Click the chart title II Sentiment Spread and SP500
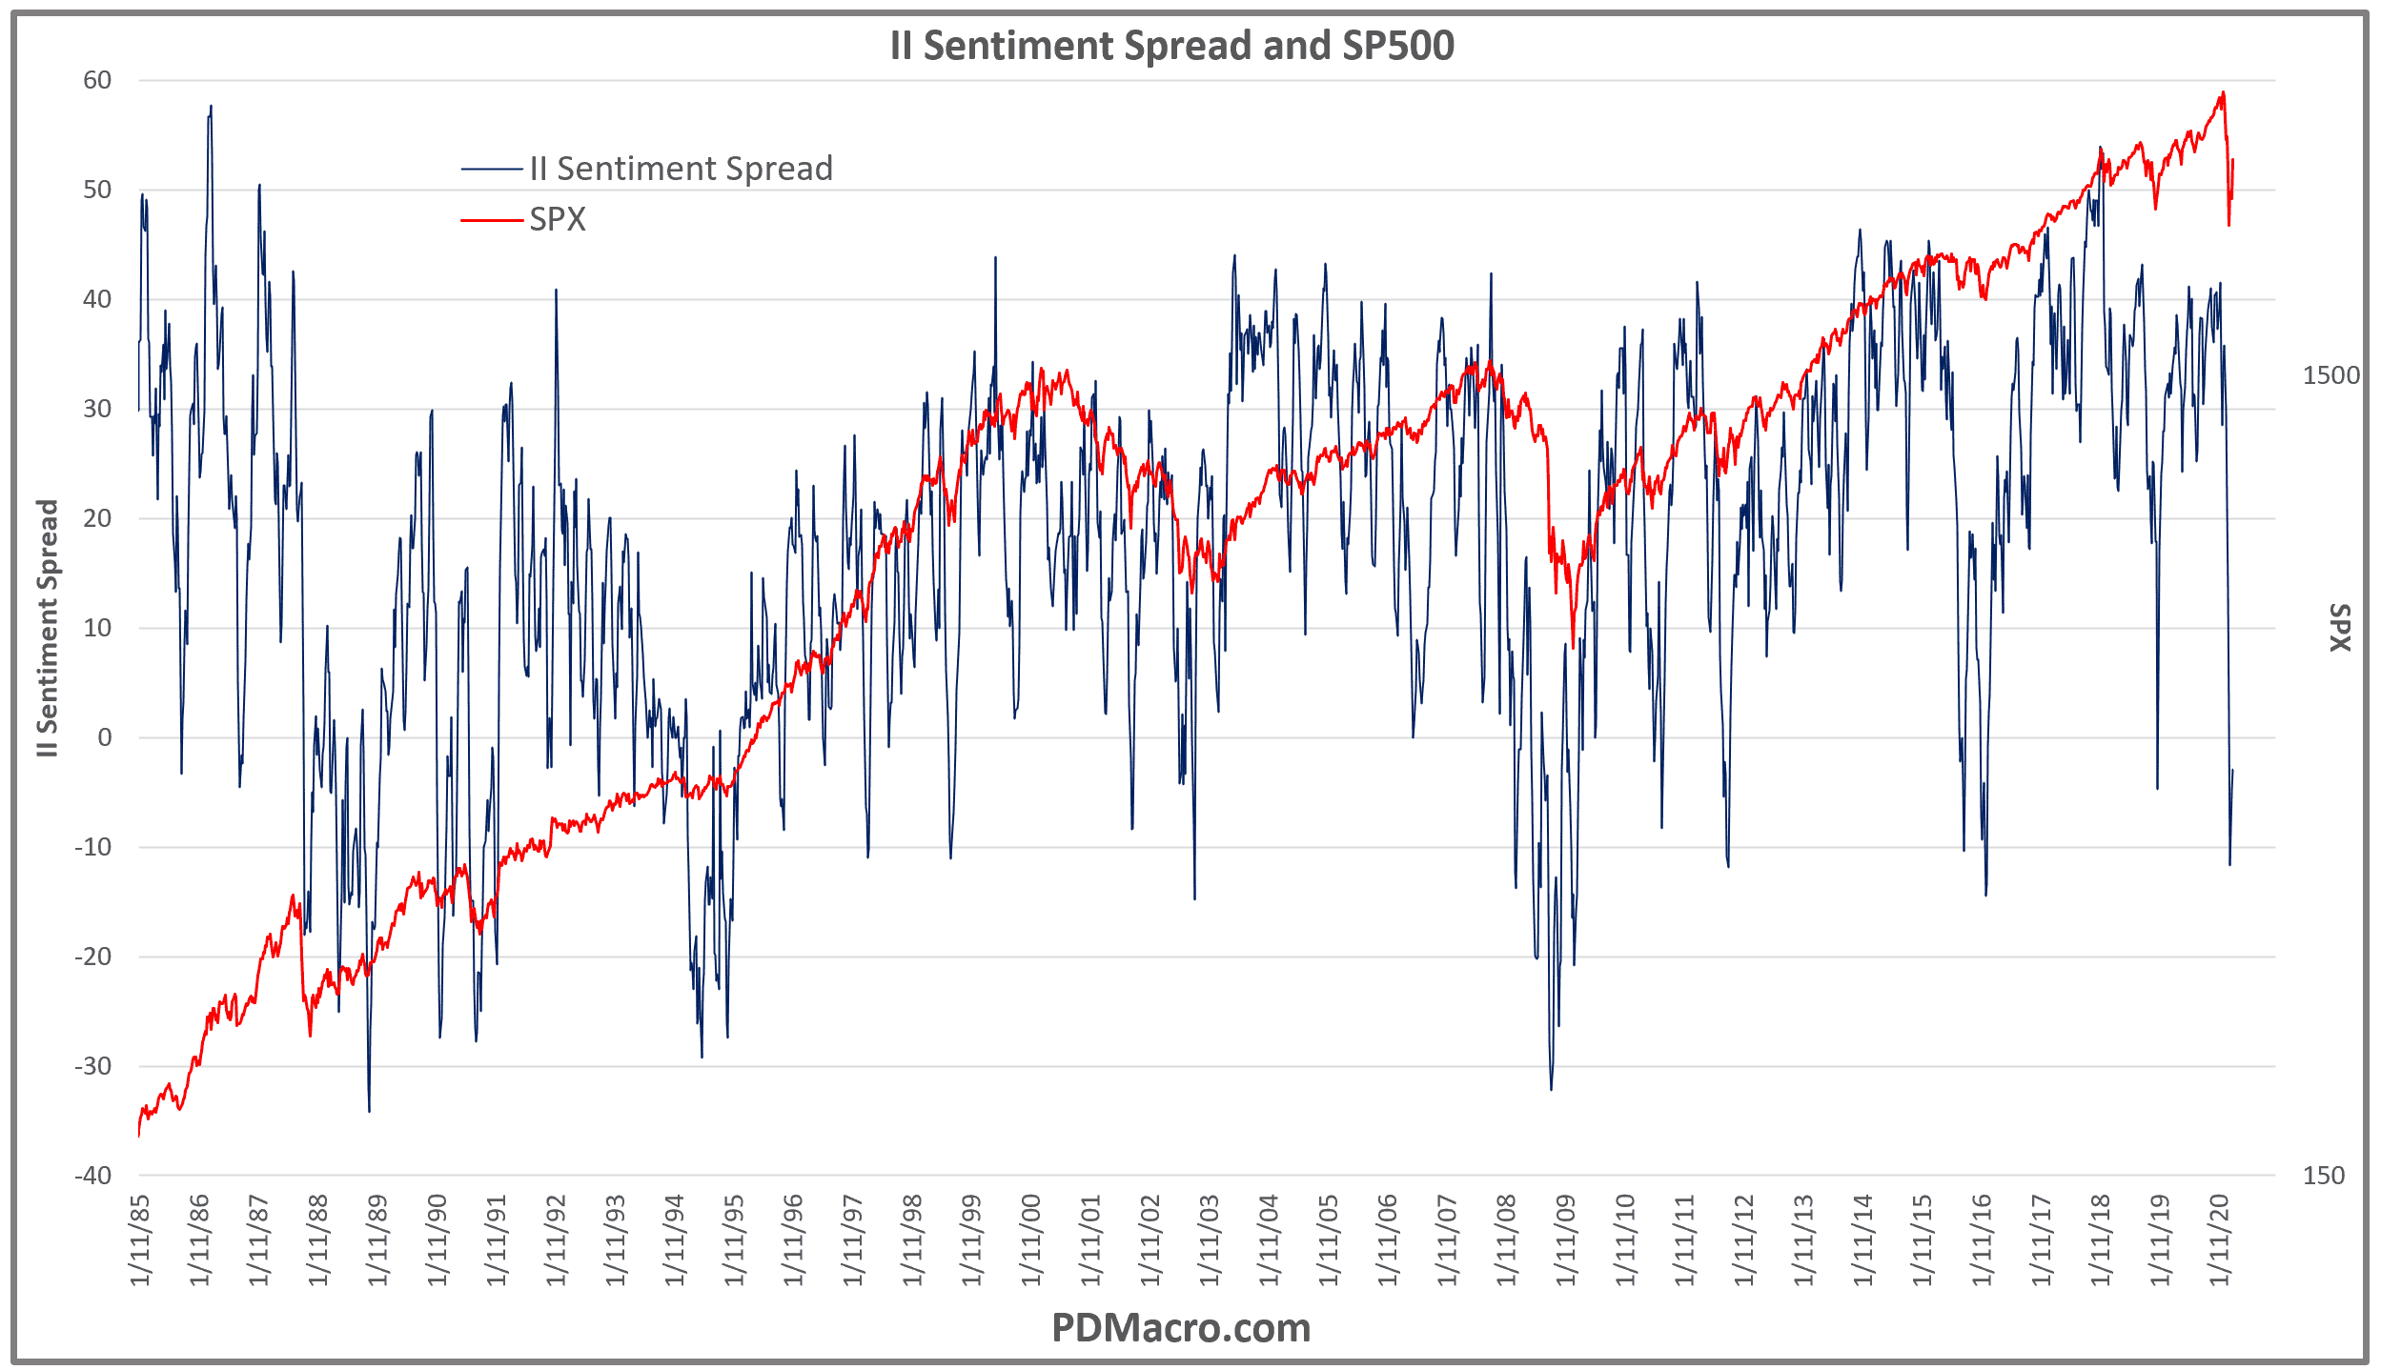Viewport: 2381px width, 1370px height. click(x=1171, y=46)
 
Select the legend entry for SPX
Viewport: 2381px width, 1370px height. click(x=558, y=220)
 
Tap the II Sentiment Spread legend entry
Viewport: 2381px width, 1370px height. click(x=681, y=169)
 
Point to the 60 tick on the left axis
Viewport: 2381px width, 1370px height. click(x=97, y=80)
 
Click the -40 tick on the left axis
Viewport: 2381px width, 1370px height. click(x=93, y=1175)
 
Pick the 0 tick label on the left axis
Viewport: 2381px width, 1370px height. click(x=105, y=737)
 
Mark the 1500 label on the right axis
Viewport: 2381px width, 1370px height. click(x=2330, y=375)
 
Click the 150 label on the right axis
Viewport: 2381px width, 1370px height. click(x=2323, y=1175)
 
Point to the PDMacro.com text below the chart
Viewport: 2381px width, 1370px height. click(x=1180, y=1327)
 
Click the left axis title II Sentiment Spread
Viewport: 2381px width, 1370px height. click(x=48, y=629)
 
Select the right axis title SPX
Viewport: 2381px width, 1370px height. click(x=2340, y=629)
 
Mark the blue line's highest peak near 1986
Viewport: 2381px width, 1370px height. click(x=211, y=107)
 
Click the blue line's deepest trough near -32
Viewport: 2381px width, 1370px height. click(x=1551, y=1088)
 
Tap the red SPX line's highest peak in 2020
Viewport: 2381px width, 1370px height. click(x=2223, y=93)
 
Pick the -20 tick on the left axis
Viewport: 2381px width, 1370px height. click(x=93, y=957)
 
